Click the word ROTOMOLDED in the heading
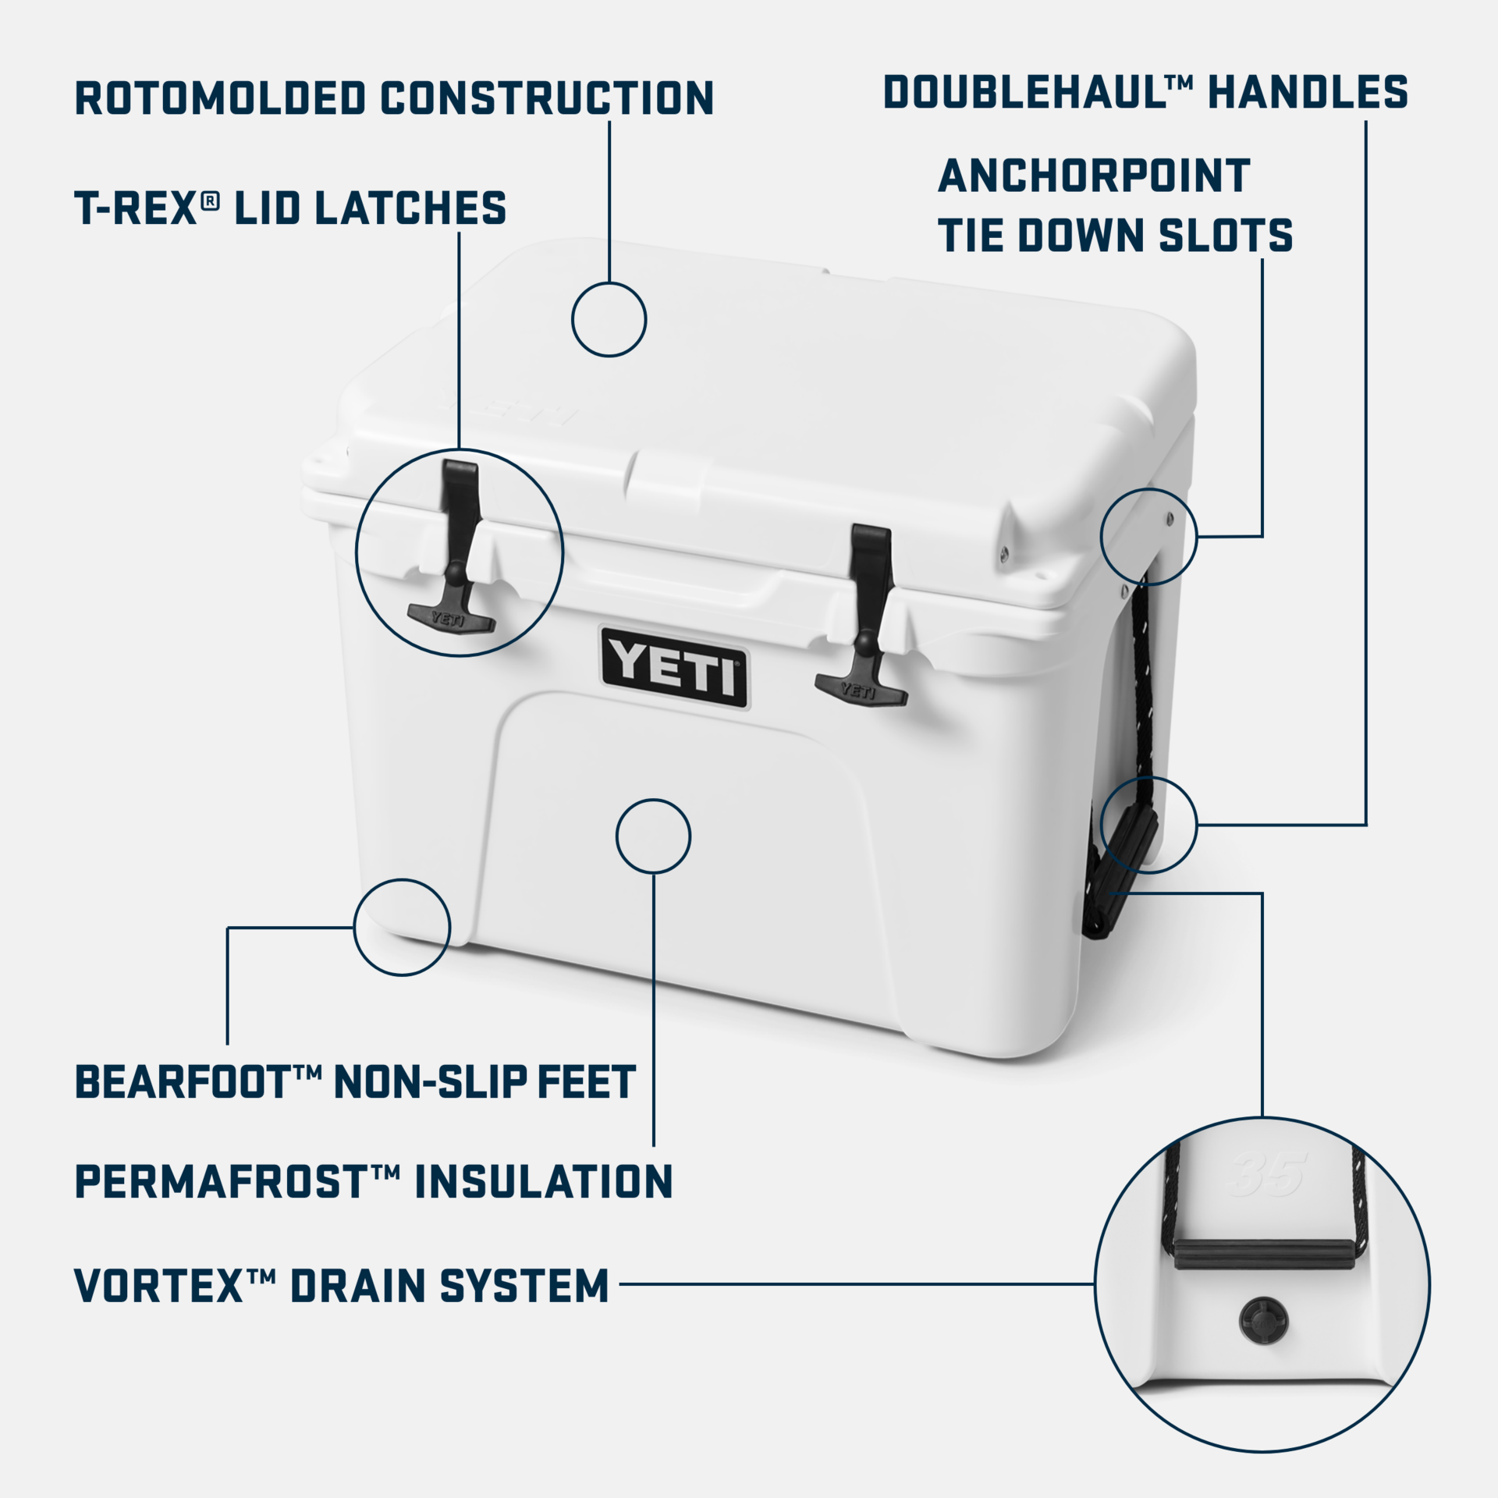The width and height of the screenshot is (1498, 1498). (220, 98)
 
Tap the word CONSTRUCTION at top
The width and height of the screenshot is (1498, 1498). (547, 98)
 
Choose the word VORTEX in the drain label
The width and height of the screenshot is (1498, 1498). (159, 1286)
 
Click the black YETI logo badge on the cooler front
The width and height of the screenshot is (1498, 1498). (674, 668)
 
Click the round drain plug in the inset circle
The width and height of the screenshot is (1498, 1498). (1263, 1320)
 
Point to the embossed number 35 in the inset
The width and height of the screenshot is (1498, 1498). (1267, 1173)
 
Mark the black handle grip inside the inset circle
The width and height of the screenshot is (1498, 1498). (1264, 1254)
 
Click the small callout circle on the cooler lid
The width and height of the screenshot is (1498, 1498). (609, 319)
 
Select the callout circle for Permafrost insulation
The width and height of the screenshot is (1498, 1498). (653, 836)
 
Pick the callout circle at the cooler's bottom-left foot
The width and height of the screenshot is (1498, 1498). (402, 927)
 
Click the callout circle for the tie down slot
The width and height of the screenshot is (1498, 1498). (1148, 537)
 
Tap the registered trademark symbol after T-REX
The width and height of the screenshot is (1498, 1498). (210, 201)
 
